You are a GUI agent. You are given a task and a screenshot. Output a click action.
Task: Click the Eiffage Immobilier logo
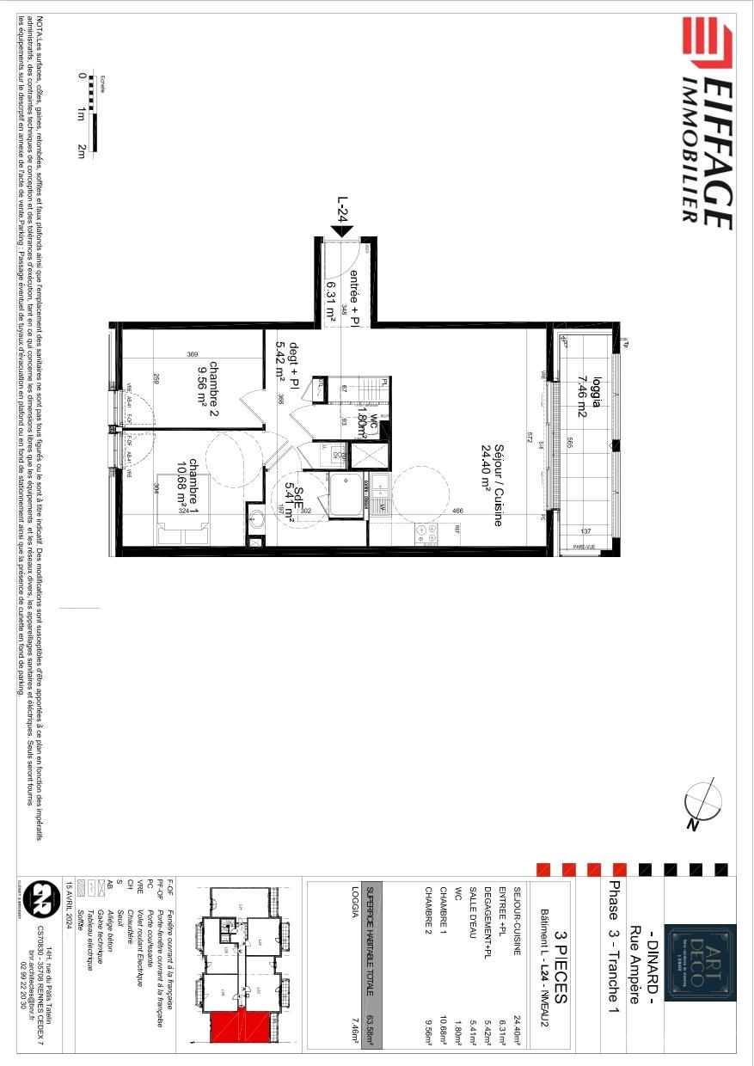[707, 125]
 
